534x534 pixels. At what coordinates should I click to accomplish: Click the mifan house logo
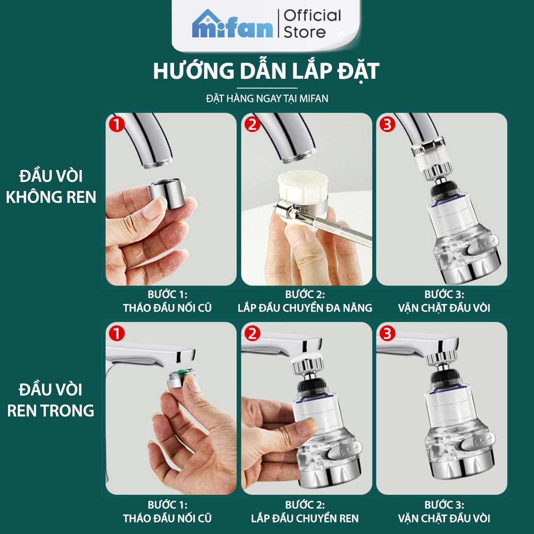232,24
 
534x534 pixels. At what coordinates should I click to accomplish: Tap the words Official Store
312,24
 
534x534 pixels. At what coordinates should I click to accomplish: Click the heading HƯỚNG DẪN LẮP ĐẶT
266,72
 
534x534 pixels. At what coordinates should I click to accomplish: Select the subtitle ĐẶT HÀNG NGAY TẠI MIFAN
267,99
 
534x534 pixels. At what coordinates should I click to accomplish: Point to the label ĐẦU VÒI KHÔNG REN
51,186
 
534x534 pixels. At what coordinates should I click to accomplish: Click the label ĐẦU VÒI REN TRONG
51,400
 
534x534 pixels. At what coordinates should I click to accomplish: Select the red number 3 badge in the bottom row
387,334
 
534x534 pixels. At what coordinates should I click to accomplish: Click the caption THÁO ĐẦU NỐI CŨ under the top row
167,308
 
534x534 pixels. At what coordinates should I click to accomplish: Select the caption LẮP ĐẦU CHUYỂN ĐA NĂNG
305,308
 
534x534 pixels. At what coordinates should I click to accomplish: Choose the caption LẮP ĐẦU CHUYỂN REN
305,518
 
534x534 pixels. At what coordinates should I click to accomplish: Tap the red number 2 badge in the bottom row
252,334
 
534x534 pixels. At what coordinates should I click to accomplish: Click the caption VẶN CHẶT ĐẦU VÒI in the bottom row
444,518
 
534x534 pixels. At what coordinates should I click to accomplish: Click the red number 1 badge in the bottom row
117,334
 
